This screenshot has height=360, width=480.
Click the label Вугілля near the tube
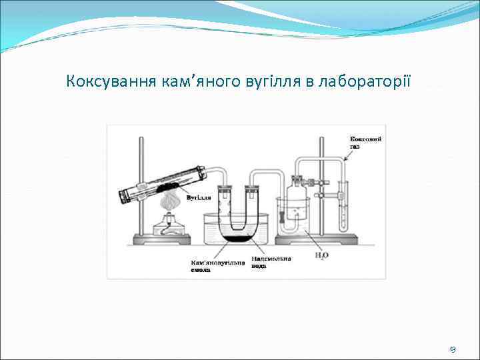click(x=199, y=198)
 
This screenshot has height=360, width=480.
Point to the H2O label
click(x=322, y=254)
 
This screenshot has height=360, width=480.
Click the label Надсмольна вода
click(x=271, y=262)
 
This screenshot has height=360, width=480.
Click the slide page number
click(x=453, y=349)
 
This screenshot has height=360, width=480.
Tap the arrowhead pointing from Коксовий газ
click(x=344, y=160)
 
